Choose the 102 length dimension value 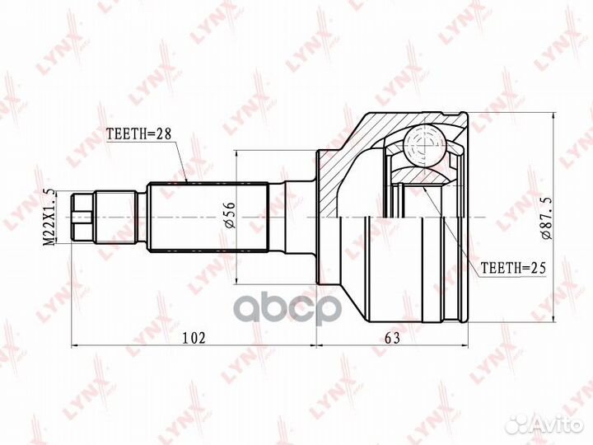pos(193,337)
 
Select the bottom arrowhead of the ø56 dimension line pos(236,280)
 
